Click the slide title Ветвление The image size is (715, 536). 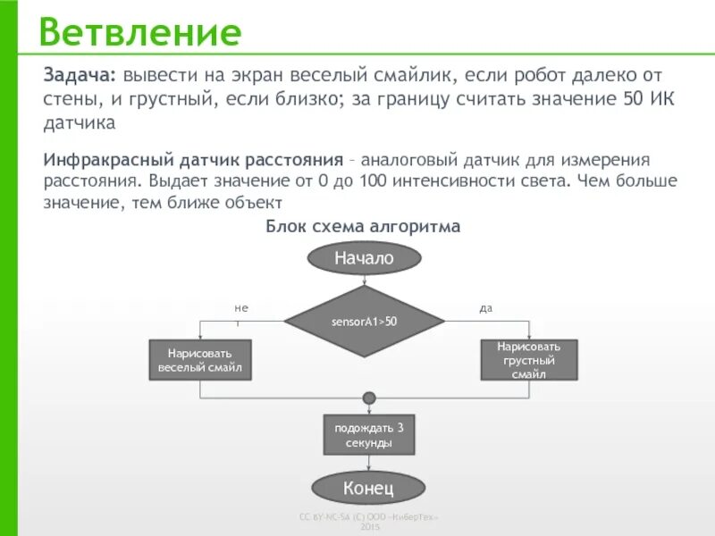(x=140, y=33)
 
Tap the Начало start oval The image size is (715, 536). (x=364, y=258)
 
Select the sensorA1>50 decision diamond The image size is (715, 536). (x=364, y=322)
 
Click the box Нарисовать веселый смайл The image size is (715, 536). (x=200, y=360)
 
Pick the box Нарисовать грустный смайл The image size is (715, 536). (x=528, y=360)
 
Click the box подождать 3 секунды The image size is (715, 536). (x=368, y=435)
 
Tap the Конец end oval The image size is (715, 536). (x=368, y=488)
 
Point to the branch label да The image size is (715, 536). (x=486, y=308)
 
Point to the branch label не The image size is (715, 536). (x=240, y=308)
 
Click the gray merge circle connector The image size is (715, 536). (x=368, y=398)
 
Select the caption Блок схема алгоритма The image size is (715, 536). (x=363, y=227)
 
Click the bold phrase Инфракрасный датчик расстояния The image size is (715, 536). (x=193, y=159)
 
